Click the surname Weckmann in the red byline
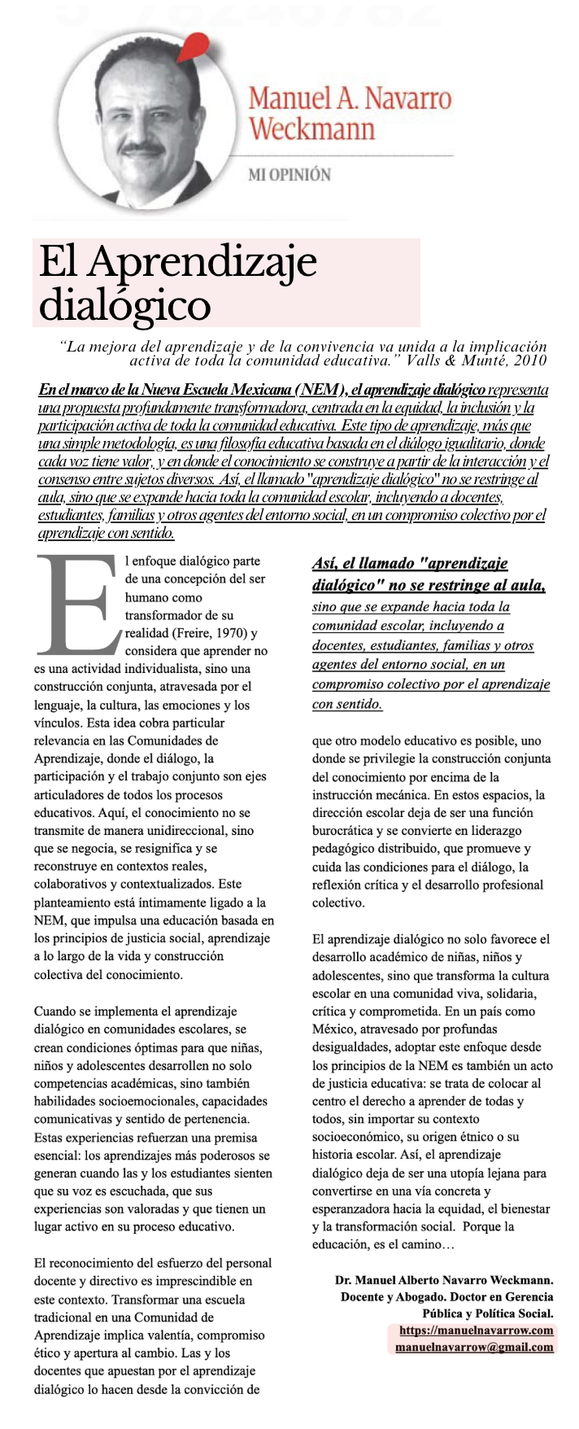[x=311, y=129]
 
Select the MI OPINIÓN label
[x=289, y=174]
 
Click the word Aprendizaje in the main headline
[x=202, y=262]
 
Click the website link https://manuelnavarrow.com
[x=476, y=1331]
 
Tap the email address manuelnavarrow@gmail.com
[x=474, y=1347]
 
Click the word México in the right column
[x=334, y=1029]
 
